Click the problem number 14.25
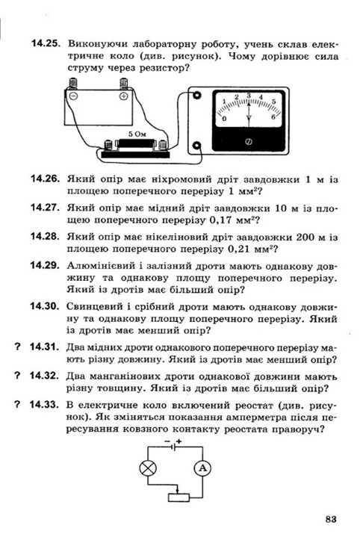[46, 43]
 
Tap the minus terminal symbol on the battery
[73, 96]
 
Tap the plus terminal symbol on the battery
[123, 96]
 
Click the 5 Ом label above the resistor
[137, 134]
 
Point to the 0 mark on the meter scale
[224, 119]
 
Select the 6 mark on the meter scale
[273, 117]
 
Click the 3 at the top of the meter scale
[249, 95]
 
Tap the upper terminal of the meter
[196, 96]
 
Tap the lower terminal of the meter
[196, 146]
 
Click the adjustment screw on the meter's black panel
[249, 142]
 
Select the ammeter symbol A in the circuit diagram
[202, 468]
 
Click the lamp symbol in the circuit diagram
[148, 468]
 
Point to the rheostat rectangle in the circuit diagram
[179, 497]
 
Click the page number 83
[331, 519]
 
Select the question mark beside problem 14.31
[17, 347]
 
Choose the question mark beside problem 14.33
[17, 405]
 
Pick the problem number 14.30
[45, 306]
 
